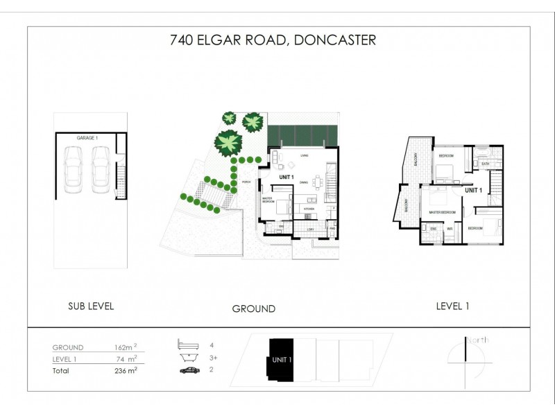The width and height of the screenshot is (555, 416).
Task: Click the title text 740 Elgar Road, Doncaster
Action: tap(273, 40)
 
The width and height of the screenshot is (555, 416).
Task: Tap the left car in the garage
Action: tap(74, 171)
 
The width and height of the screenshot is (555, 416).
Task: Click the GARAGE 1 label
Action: tap(87, 139)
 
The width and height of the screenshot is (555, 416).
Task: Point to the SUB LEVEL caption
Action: tap(90, 306)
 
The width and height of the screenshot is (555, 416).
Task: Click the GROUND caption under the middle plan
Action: tap(253, 309)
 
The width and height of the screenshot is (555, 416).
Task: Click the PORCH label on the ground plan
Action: tap(246, 183)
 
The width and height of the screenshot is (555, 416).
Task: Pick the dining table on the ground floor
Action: tap(316, 183)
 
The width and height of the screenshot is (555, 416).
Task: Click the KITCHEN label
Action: tap(309, 208)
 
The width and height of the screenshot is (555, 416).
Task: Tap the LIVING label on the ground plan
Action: tap(304, 155)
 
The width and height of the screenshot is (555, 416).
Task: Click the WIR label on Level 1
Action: tap(450, 228)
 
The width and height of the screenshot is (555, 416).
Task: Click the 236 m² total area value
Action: tap(125, 370)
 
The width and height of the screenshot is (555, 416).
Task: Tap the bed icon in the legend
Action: tap(187, 344)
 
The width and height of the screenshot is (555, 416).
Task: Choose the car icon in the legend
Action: tap(187, 371)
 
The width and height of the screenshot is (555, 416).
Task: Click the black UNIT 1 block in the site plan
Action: tap(281, 358)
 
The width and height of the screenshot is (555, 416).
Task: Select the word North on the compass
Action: tap(477, 340)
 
